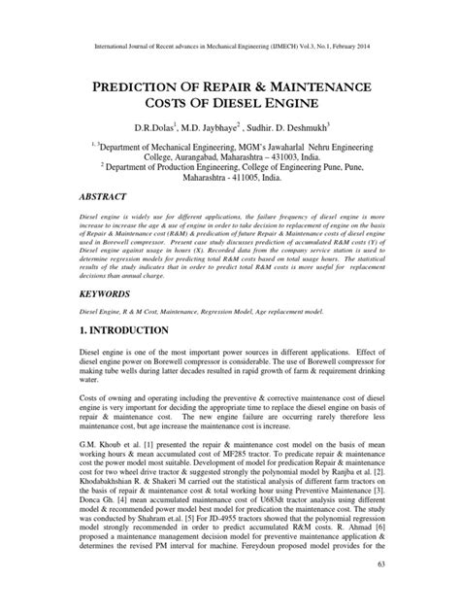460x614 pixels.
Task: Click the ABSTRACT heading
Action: coord(106,200)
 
